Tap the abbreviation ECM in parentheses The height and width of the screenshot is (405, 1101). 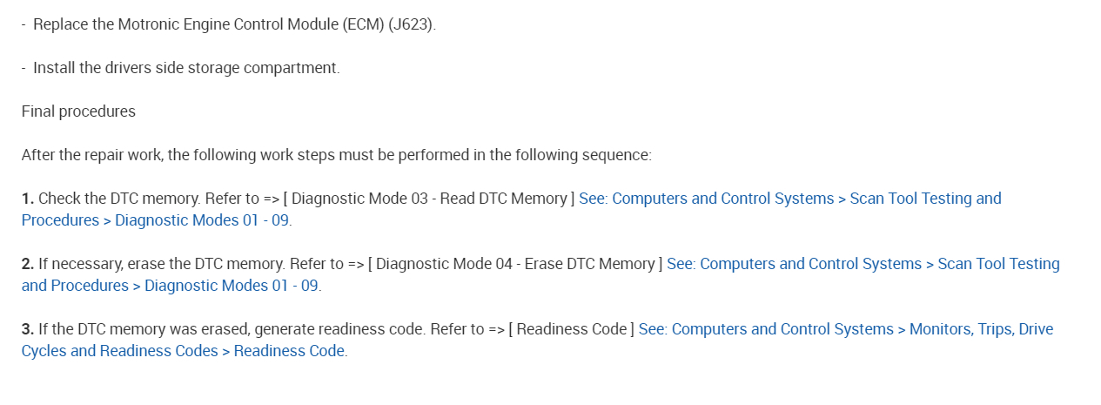coord(365,24)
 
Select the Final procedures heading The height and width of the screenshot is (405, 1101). coord(78,111)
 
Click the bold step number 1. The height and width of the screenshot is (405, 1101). coord(27,199)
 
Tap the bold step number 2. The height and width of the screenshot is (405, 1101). coord(27,264)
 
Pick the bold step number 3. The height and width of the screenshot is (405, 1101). coord(27,329)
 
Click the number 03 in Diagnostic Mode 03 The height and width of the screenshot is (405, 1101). coord(419,199)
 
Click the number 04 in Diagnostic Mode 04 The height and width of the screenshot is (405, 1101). coord(503,264)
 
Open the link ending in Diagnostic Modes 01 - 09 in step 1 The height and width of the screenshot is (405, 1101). coord(203,220)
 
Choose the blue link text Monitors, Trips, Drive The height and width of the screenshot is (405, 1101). coord(981,329)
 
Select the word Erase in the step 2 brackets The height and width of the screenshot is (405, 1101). coord(543,264)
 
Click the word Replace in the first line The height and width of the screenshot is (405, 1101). coord(61,24)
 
